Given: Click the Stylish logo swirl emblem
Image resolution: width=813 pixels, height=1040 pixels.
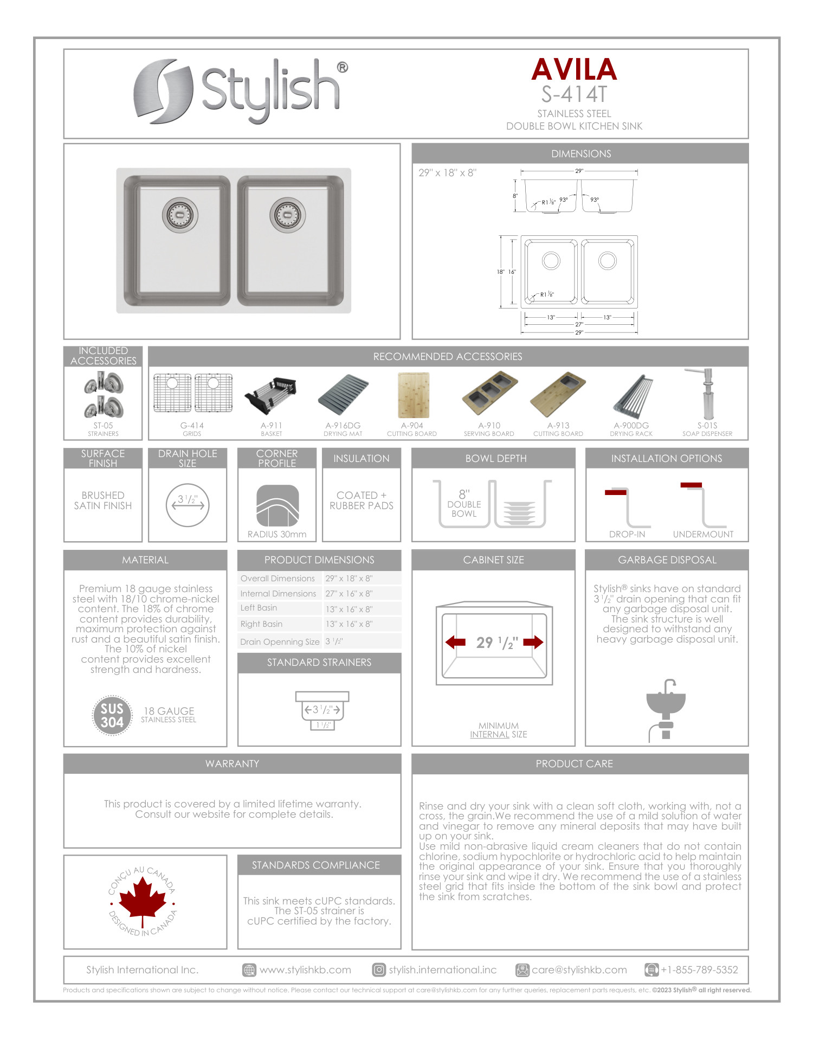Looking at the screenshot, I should point(163,91).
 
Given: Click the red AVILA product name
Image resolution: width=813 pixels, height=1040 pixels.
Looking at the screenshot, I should point(574,70).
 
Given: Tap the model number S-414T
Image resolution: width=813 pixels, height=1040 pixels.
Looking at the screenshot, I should point(574,94).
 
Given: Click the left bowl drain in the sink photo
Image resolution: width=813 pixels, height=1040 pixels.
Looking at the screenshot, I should point(179,215).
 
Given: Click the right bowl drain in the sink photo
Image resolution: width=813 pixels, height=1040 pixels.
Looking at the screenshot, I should point(288,215).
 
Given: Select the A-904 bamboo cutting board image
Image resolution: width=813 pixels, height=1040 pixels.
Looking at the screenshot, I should point(413,394).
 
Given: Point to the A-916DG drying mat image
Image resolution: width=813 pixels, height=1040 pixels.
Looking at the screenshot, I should point(343,395).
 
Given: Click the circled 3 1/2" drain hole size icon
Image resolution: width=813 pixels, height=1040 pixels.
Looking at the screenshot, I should point(188,504).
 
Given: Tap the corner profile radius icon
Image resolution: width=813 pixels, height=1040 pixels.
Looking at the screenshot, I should point(277,505).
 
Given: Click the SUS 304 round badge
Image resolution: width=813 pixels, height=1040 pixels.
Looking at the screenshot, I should point(112,715).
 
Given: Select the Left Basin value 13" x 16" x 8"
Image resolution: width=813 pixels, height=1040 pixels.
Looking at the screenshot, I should point(349,609).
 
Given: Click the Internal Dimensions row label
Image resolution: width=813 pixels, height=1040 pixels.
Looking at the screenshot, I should point(278,594).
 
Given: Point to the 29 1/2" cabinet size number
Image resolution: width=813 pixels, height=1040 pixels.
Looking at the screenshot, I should point(496,643).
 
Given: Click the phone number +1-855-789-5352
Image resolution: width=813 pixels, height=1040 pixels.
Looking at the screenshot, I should point(699,970).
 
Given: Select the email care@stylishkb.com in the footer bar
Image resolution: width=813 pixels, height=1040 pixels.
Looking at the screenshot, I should point(579,970).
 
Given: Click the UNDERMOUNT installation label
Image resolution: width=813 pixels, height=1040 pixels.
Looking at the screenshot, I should point(703,534).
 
